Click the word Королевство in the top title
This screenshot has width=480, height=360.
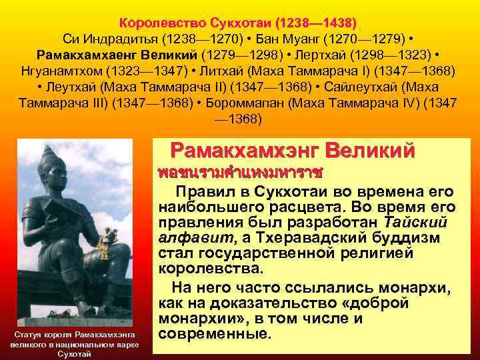click(x=151, y=21)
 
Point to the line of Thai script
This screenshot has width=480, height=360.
click(x=241, y=173)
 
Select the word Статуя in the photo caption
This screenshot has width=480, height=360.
click(x=30, y=333)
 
